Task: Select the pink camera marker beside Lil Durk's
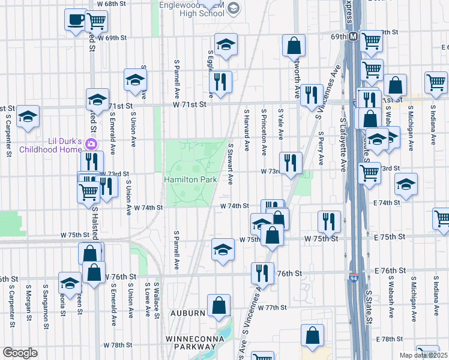[91, 143]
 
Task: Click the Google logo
[20, 353]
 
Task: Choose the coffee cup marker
[76, 19]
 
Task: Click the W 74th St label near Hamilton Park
[148, 208]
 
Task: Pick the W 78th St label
[117, 346]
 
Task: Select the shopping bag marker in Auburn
[219, 305]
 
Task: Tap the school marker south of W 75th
[223, 249]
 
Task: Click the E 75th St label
[387, 238]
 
